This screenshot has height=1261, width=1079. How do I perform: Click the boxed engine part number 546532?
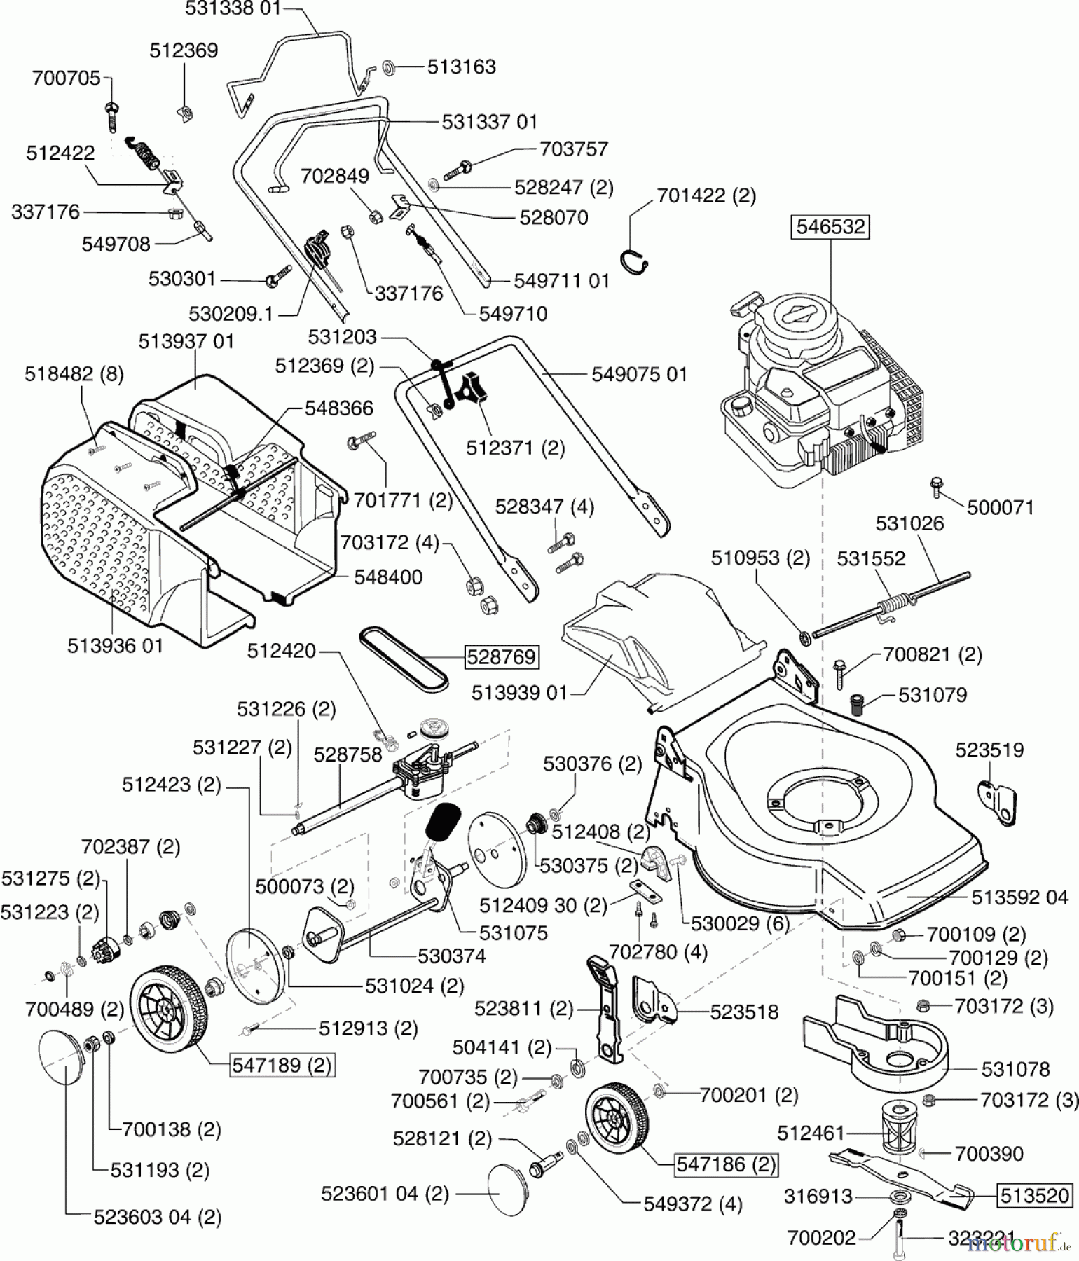pos(831,227)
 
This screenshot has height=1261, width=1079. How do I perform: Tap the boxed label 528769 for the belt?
pos(502,656)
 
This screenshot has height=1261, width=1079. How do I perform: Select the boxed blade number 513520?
pos(1036,1195)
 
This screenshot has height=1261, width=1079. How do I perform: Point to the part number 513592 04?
pos(1019,897)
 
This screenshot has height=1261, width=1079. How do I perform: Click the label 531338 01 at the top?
pos(233,9)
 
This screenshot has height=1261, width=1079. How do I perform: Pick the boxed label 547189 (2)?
pos(282,1066)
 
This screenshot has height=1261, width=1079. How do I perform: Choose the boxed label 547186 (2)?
pos(726,1164)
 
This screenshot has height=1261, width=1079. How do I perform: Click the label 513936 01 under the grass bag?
pos(115,645)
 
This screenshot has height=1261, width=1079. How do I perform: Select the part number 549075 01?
pos(639,374)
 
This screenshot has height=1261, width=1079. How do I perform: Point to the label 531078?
pos(1015,1069)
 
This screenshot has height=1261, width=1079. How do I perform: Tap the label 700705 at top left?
pos(67,78)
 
